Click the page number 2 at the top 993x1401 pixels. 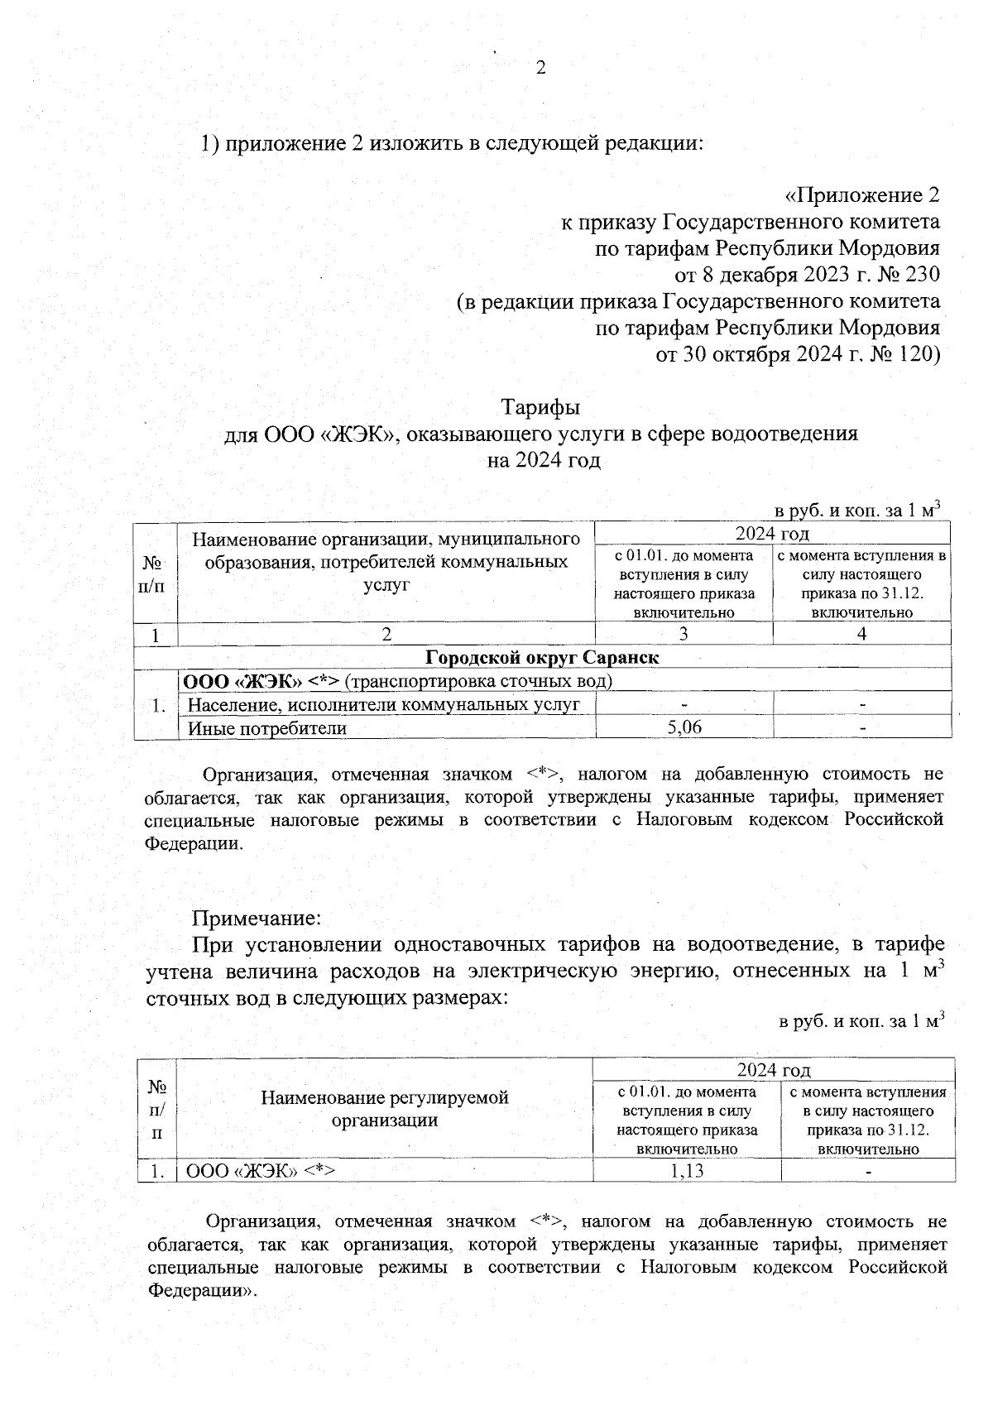(x=541, y=69)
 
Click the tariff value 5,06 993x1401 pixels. (x=684, y=727)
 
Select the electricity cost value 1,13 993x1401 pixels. (x=687, y=1171)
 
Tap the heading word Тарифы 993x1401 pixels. (x=540, y=407)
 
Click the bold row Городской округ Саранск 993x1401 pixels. (x=542, y=658)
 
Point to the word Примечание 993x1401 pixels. (x=256, y=919)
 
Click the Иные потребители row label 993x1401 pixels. (x=267, y=728)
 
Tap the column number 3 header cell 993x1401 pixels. (x=684, y=634)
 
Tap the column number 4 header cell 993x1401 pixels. (x=861, y=634)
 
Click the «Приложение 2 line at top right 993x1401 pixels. (x=861, y=195)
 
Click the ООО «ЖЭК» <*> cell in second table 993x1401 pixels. (x=260, y=1171)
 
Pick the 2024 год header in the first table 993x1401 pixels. (x=772, y=533)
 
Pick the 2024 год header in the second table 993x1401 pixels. (x=774, y=1070)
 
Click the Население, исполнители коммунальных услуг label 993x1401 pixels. (x=384, y=704)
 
